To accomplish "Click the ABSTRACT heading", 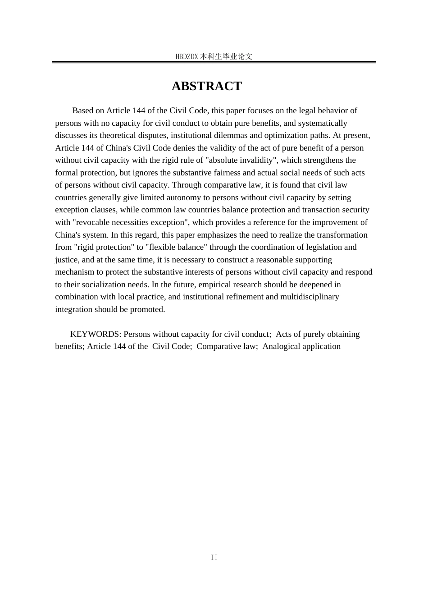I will coord(207,86).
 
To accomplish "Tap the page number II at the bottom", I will coord(214,558).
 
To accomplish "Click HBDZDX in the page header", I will coord(187,57).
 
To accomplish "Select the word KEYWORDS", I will coord(96,334).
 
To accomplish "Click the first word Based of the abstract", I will coord(82,110).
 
